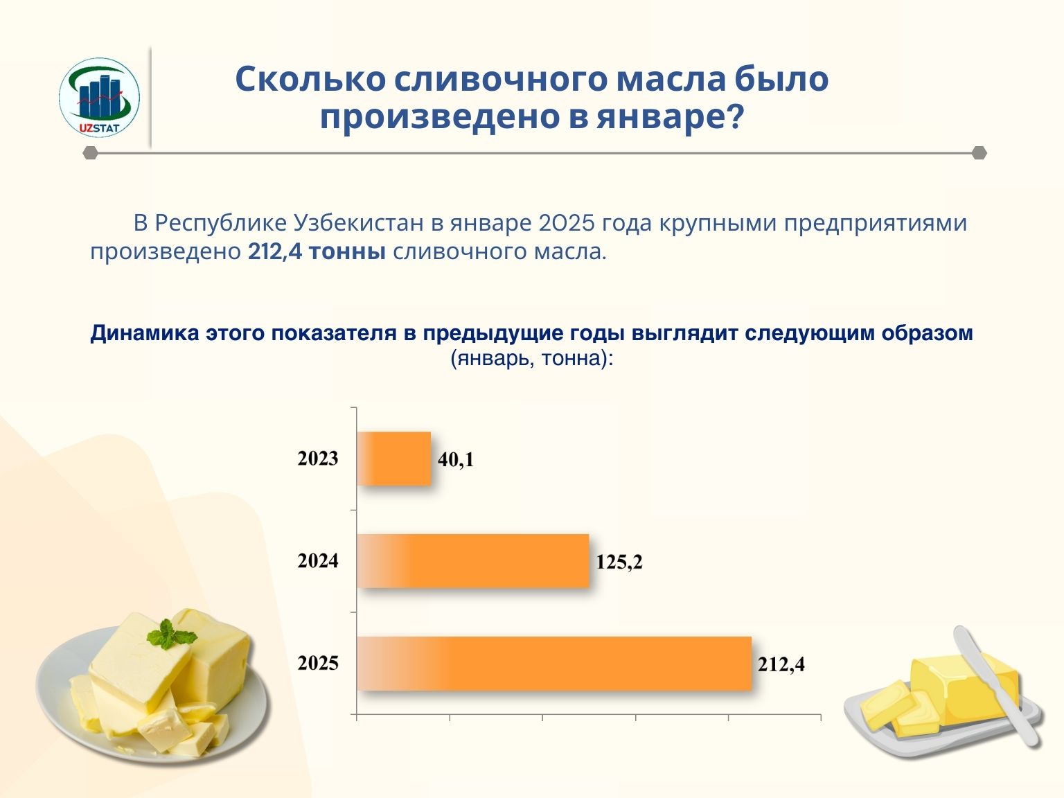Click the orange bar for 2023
tap(394, 459)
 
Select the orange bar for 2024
tap(474, 561)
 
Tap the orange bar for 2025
tap(554, 663)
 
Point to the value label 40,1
tap(456, 459)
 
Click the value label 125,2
tap(619, 562)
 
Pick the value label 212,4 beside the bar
tap(781, 664)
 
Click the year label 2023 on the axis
tap(318, 459)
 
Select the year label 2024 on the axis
tap(318, 561)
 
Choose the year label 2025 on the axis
tap(318, 664)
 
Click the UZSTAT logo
tap(99, 97)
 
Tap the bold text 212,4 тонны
tap(317, 251)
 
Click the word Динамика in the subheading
tap(145, 333)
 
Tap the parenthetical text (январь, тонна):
tap(532, 359)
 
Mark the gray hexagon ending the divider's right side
tap(979, 153)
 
